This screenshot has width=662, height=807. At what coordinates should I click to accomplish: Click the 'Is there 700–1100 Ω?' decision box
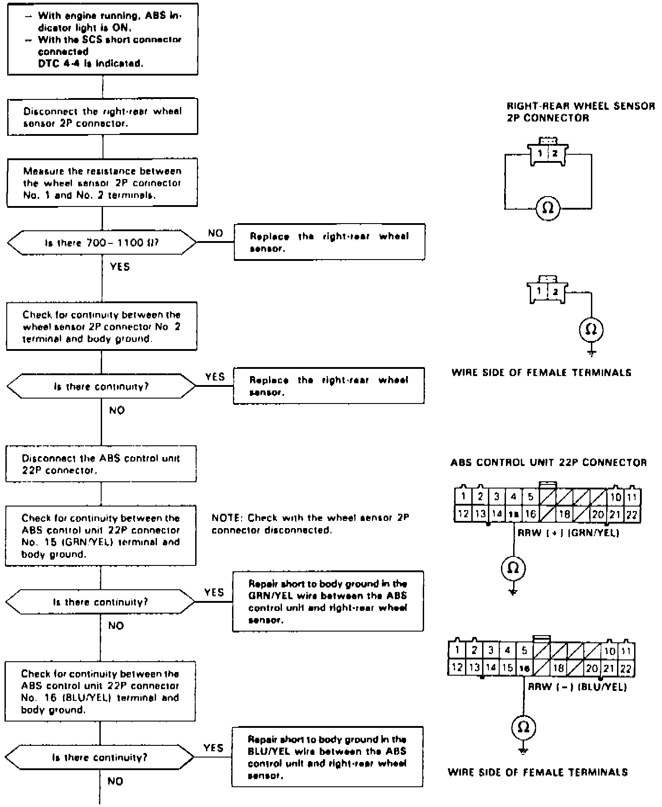pyautogui.click(x=102, y=243)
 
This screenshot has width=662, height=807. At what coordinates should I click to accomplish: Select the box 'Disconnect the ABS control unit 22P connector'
pyautogui.click(x=101, y=464)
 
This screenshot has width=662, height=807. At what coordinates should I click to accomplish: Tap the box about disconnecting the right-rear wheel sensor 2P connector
pyautogui.click(x=103, y=117)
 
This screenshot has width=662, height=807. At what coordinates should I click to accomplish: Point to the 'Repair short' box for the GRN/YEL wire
pyautogui.click(x=328, y=601)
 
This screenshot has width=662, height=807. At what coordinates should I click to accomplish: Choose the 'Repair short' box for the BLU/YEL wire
pyautogui.click(x=327, y=757)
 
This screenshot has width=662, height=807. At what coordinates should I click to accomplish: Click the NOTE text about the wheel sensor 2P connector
pyautogui.click(x=310, y=524)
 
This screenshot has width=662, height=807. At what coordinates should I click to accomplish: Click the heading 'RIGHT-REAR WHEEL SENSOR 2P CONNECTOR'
pyautogui.click(x=580, y=112)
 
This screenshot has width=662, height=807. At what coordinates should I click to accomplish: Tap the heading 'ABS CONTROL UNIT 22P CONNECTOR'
pyautogui.click(x=548, y=462)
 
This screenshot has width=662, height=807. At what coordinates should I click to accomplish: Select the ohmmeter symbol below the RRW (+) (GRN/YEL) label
pyautogui.click(x=513, y=568)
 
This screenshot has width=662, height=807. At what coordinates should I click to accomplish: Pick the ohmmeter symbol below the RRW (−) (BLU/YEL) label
pyautogui.click(x=524, y=727)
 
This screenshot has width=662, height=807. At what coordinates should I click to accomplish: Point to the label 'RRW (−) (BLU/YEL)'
pyautogui.click(x=577, y=687)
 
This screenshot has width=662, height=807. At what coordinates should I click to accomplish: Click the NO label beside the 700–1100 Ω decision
pyautogui.click(x=215, y=233)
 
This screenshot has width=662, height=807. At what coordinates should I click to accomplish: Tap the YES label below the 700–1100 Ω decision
pyautogui.click(x=120, y=267)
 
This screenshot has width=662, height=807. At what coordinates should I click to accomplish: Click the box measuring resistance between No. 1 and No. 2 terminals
pyautogui.click(x=102, y=183)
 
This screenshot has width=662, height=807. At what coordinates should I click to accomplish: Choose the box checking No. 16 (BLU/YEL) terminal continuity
pyautogui.click(x=100, y=691)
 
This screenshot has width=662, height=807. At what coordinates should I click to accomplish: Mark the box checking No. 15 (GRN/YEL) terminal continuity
pyautogui.click(x=101, y=536)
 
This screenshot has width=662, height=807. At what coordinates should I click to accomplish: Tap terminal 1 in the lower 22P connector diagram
pyautogui.click(x=457, y=650)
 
